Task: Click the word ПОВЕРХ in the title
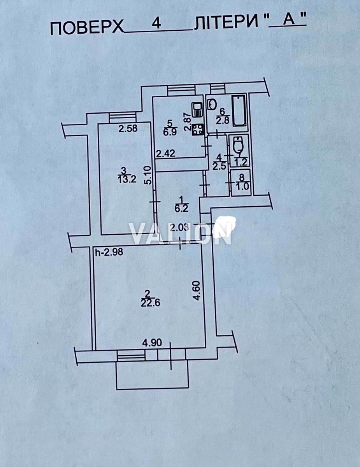[87, 28]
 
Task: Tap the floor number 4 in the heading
[156, 24]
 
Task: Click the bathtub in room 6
[239, 111]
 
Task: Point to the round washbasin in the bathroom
[212, 104]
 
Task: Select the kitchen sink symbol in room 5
[197, 110]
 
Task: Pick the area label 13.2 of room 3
[127, 179]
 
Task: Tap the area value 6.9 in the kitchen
[170, 132]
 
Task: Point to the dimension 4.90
[152, 343]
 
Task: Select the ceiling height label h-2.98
[109, 252]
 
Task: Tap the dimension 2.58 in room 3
[128, 128]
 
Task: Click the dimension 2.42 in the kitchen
[166, 154]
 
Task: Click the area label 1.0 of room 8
[242, 186]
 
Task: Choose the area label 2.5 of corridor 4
[220, 166]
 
